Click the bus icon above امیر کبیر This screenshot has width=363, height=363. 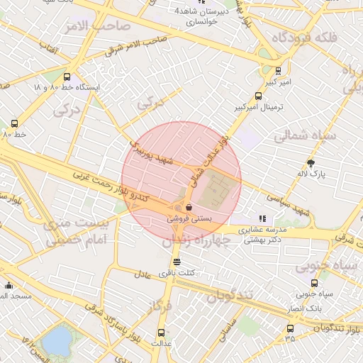[x=277, y=71]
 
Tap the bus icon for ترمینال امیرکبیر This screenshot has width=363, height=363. [x=258, y=96]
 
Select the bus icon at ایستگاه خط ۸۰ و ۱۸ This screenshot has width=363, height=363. [x=67, y=77]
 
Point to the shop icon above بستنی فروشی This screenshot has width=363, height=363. [x=189, y=208]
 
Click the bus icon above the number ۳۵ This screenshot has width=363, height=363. [x=290, y=328]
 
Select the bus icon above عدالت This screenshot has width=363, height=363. [x=161, y=332]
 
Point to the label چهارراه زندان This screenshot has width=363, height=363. [x=197, y=240]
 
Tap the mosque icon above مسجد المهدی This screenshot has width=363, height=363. [x=8, y=286]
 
